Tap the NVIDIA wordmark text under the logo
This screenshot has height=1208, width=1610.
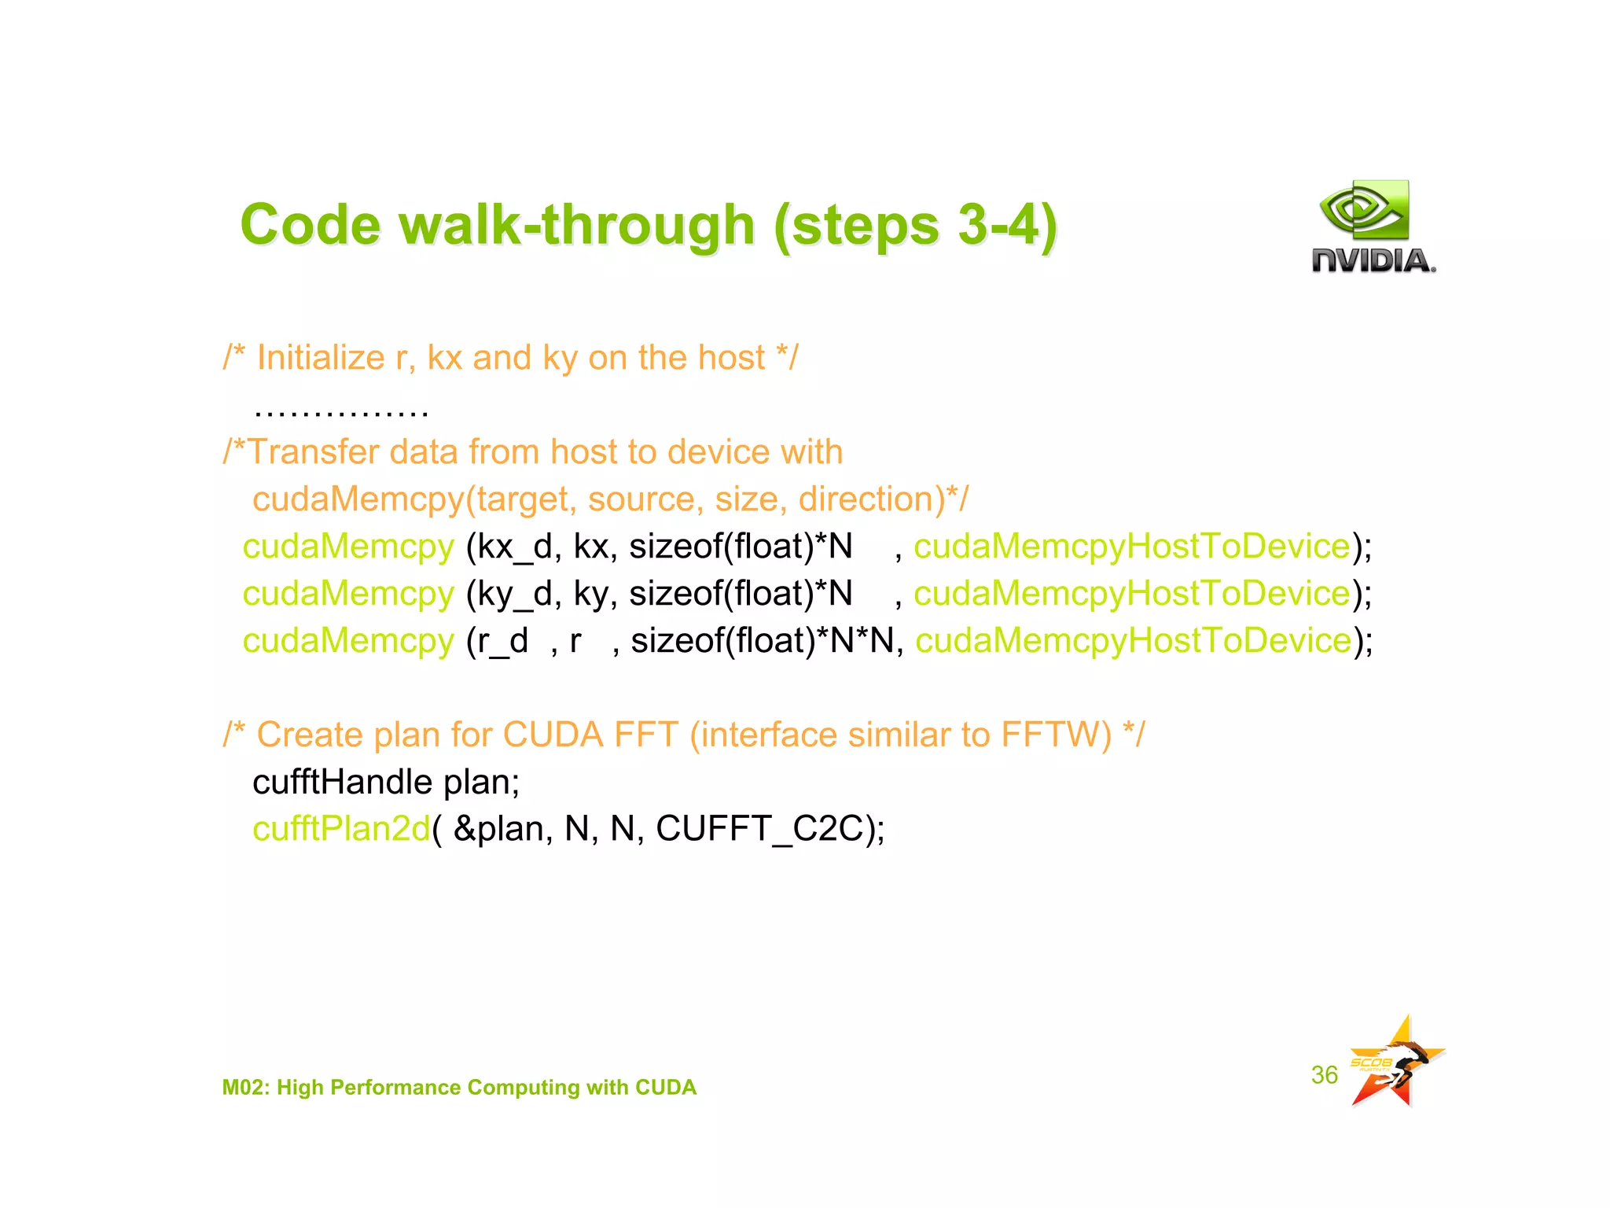coord(1373,261)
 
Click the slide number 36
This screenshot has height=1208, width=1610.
coord(1324,1074)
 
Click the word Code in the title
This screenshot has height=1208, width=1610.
coord(311,225)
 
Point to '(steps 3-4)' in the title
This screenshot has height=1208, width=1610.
coord(915,225)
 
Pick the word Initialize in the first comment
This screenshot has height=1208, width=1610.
coord(321,358)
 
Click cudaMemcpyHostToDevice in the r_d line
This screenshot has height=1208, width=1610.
coord(1133,641)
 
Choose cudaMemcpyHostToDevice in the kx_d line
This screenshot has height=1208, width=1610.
coord(1131,547)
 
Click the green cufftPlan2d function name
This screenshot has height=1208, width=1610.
coord(341,829)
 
